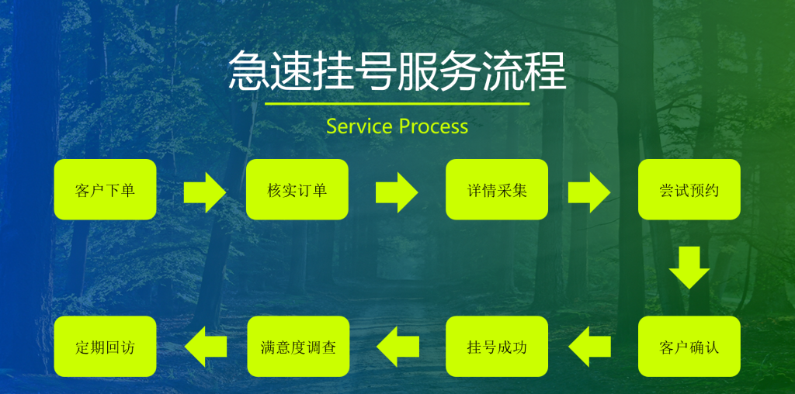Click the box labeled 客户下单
pos(105,190)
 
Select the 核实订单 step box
pos(297,190)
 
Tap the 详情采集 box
pos(497,190)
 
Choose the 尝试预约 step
pos(689,190)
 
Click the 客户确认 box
pos(689,347)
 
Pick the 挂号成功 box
pos(497,347)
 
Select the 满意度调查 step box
pos(297,347)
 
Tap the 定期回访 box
pos(105,347)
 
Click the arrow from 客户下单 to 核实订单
pos(205,192)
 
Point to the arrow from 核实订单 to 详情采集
pos(397,192)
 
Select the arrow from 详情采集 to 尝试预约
pos(589,192)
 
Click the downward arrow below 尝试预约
pos(689,268)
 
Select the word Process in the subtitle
pos(433,126)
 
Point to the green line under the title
pos(397,103)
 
